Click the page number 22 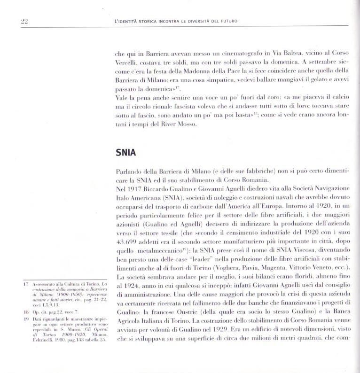click(25, 21)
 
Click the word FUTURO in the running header click(226, 21)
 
